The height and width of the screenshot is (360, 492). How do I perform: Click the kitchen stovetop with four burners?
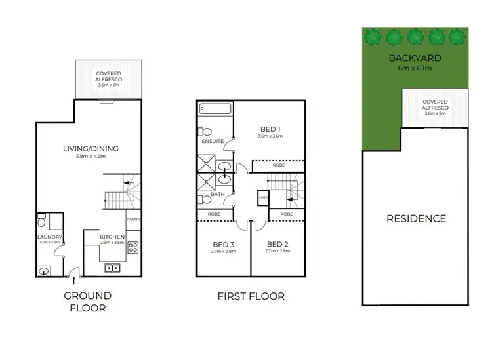(x=133, y=248)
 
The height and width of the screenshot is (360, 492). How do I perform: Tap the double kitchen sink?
(x=113, y=268)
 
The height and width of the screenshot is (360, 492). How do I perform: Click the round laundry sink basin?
(x=45, y=270)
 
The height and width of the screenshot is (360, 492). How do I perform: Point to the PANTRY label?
(x=134, y=219)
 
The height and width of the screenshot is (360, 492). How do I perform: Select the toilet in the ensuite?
(x=205, y=129)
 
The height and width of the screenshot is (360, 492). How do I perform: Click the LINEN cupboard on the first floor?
(x=264, y=197)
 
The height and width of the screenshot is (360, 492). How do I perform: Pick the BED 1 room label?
(x=268, y=128)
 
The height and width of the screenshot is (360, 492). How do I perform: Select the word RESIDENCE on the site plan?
(x=416, y=218)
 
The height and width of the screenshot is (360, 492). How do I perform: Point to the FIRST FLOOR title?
(x=251, y=296)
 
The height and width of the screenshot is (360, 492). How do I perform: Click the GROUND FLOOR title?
(x=87, y=301)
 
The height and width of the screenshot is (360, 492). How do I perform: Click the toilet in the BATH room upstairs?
(x=205, y=199)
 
